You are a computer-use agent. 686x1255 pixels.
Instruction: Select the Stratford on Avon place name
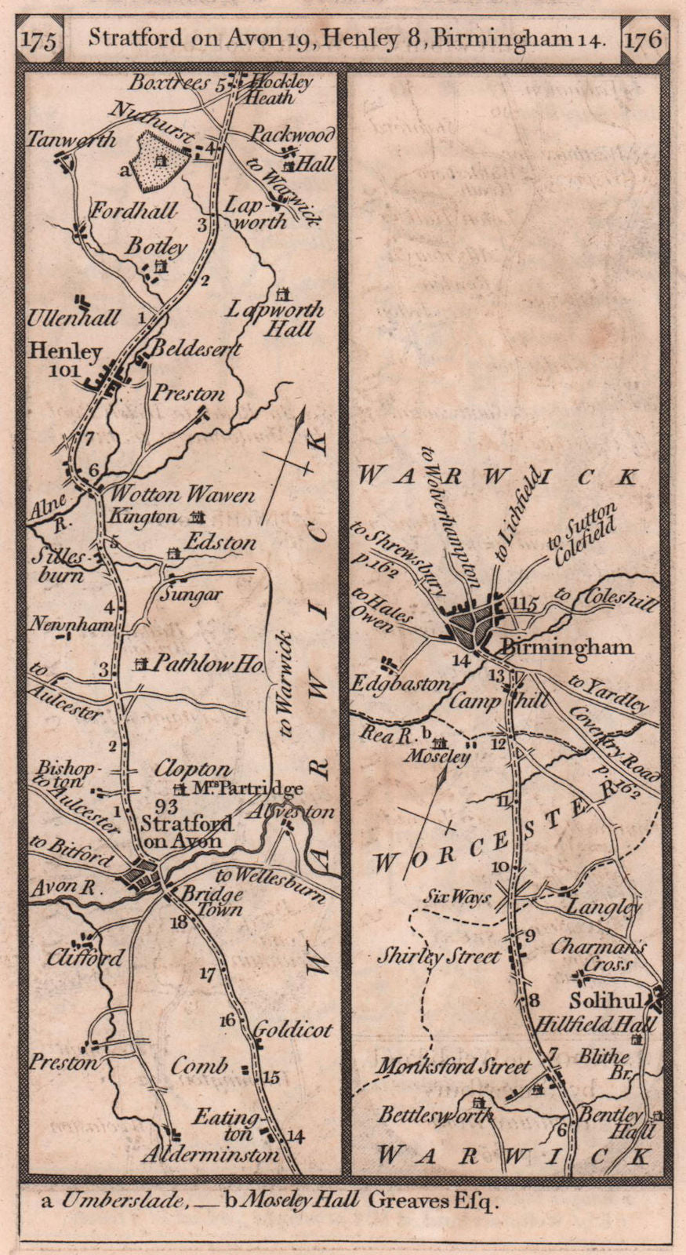pos(187,831)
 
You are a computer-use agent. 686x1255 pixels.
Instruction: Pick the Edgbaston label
pos(399,683)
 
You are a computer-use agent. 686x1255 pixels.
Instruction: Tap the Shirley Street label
pos(438,957)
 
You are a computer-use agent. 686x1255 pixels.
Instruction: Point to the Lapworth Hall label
pos(275,318)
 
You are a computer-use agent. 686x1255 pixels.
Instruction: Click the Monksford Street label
pos(454,1067)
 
